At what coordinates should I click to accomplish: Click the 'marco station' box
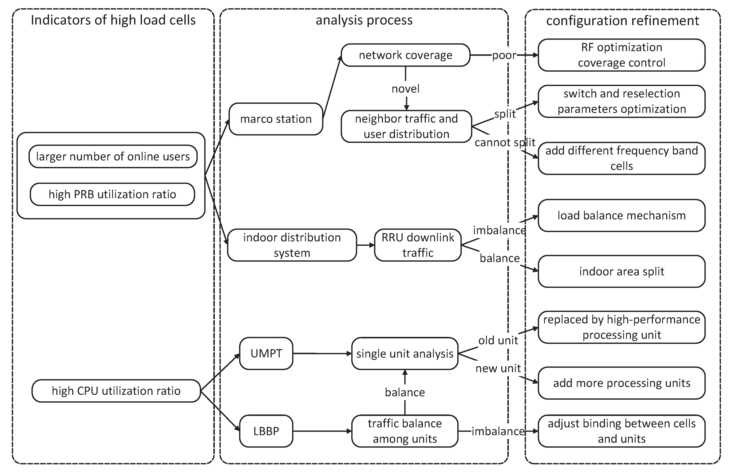tap(275, 119)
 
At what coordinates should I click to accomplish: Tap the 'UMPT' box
tap(266, 353)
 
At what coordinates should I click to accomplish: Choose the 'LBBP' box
tap(266, 431)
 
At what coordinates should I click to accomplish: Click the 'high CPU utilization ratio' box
tap(116, 391)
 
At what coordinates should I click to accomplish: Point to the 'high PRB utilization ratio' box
tap(112, 194)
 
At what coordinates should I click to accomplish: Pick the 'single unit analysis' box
tap(404, 354)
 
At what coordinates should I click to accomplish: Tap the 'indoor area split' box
tap(621, 271)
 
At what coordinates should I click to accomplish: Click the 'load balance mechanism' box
tap(621, 216)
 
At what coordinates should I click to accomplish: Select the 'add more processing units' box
tap(621, 383)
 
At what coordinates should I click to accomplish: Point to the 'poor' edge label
tap(504, 55)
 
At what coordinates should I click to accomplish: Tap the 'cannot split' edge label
tap(505, 142)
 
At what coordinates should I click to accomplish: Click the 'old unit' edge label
tap(498, 340)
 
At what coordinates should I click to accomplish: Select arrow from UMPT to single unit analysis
tap(322, 354)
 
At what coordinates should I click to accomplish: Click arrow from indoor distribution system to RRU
tap(366, 245)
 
